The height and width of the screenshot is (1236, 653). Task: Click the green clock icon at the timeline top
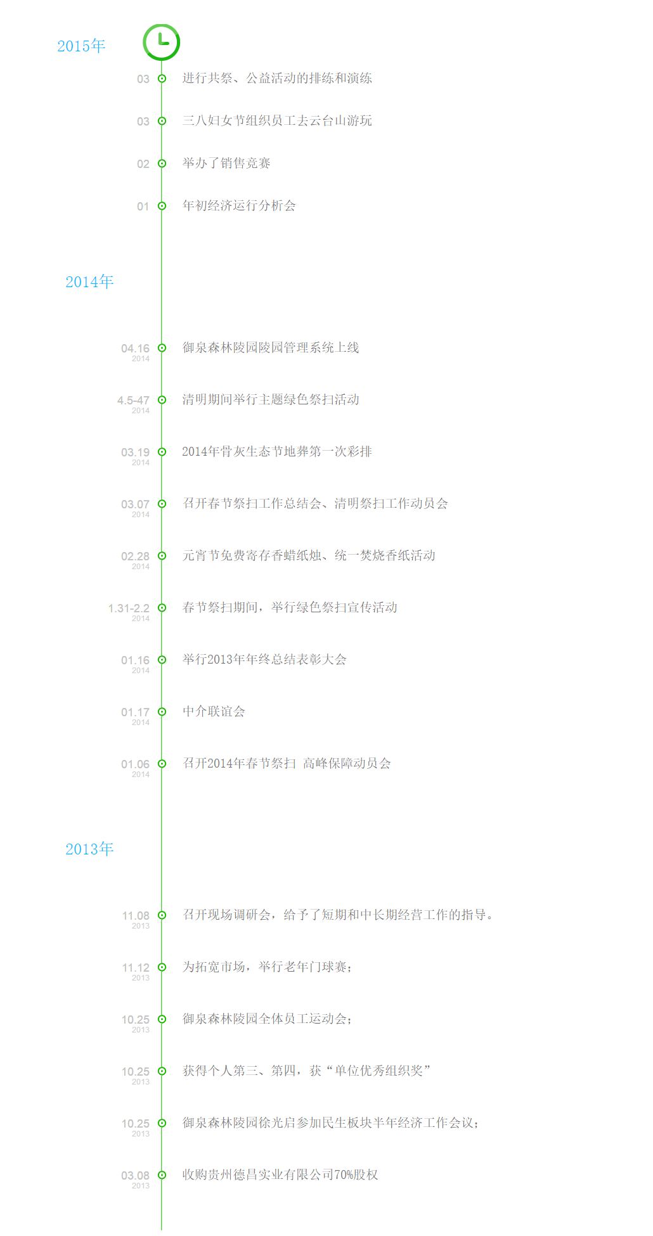(162, 42)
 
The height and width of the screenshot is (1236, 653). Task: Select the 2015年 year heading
(81, 46)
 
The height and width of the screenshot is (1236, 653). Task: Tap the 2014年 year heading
(89, 282)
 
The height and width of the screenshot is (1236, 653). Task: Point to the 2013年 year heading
(89, 849)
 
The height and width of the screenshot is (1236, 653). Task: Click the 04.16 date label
(135, 349)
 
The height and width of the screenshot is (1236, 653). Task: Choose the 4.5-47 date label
(133, 401)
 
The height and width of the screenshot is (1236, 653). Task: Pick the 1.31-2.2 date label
(129, 608)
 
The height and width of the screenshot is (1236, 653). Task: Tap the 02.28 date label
(135, 557)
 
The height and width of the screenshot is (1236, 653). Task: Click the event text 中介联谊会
(214, 712)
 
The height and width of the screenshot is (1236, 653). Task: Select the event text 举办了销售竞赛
(226, 164)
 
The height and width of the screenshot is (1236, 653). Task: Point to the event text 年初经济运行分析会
(239, 206)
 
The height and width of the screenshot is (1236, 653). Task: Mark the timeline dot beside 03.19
(162, 452)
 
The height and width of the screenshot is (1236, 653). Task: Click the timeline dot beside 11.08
(162, 915)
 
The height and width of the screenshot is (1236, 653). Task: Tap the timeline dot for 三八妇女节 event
(162, 121)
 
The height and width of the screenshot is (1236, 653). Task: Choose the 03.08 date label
(135, 1176)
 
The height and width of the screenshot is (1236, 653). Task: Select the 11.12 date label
(136, 968)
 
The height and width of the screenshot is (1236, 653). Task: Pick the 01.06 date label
(135, 764)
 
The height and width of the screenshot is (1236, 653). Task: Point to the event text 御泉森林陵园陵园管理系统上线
(271, 348)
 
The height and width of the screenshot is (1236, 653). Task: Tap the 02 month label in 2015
(143, 164)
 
